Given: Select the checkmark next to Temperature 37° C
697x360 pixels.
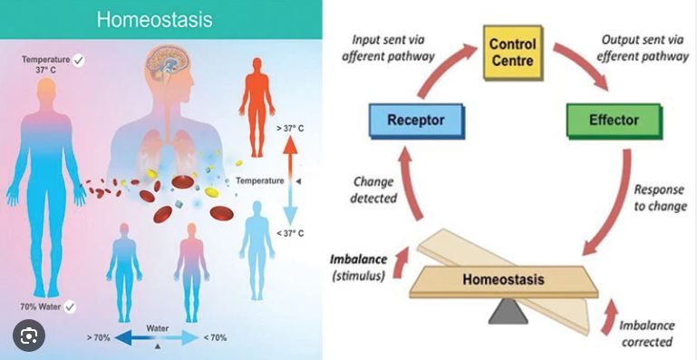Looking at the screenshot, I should [x=80, y=60].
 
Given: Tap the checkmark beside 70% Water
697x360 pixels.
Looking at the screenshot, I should [x=69, y=306].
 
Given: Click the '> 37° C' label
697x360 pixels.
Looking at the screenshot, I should [x=289, y=128].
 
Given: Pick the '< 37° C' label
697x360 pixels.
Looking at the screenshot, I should [x=289, y=234].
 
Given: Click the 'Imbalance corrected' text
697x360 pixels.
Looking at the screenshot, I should [x=645, y=333].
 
